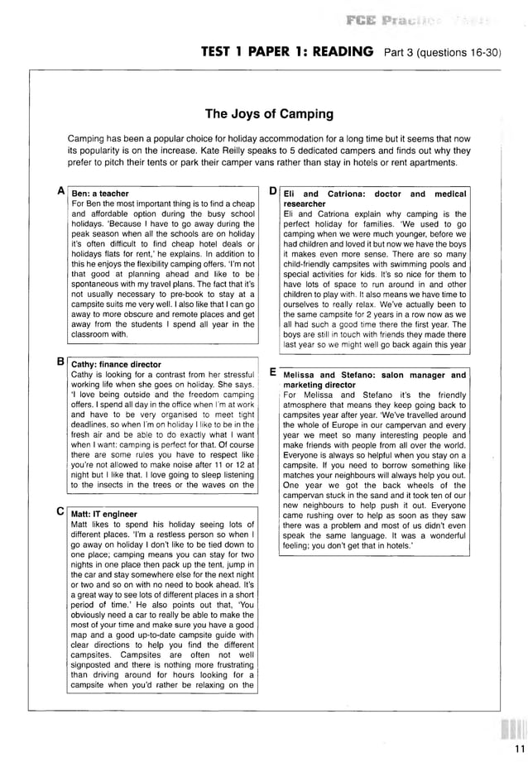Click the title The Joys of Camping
coord(269,114)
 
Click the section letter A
coord(61,191)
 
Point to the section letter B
coord(61,362)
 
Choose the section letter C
coord(61,511)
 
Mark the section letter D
coord(273,191)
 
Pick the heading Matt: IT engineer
coord(104,514)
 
